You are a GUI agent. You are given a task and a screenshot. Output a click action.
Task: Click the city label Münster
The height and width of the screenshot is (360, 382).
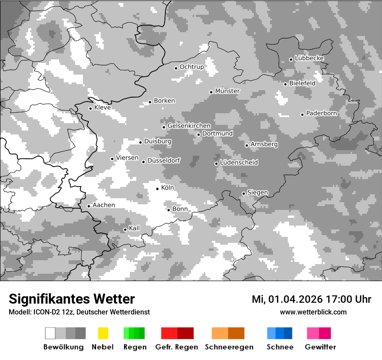[227, 91]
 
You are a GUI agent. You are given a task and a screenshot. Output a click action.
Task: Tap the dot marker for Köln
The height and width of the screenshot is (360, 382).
[158, 189]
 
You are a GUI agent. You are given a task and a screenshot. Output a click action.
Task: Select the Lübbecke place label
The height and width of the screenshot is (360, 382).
[310, 58]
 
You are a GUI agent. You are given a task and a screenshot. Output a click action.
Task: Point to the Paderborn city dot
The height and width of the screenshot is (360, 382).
[303, 115]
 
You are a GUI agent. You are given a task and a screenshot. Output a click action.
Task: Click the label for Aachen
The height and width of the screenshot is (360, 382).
[104, 205]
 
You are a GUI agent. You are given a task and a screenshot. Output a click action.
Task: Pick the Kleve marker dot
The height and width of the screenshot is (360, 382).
[90, 108]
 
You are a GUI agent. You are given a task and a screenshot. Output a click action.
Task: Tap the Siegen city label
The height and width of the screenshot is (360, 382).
[258, 193]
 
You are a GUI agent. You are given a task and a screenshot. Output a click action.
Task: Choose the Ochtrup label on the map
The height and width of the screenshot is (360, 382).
[192, 67]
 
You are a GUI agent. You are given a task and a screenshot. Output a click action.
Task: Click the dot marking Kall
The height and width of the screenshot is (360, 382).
[125, 229]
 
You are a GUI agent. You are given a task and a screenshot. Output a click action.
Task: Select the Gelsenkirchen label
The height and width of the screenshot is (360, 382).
[189, 126]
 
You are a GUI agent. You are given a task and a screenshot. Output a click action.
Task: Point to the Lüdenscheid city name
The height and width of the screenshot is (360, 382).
[239, 163]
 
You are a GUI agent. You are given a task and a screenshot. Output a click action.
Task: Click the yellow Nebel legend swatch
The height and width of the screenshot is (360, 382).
[103, 333]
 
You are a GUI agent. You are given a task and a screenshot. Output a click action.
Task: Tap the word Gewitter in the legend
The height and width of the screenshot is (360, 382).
[320, 347]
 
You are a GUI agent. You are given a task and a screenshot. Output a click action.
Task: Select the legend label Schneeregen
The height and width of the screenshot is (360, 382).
[229, 347]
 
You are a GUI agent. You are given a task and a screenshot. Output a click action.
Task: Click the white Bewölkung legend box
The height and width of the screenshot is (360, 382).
[50, 333]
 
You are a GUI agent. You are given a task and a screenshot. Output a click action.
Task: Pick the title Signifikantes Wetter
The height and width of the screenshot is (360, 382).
[72, 299]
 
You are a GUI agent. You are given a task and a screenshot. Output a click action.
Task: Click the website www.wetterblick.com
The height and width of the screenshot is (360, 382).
[313, 312]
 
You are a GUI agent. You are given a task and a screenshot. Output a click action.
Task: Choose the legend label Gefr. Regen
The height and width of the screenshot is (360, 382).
[177, 347]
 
